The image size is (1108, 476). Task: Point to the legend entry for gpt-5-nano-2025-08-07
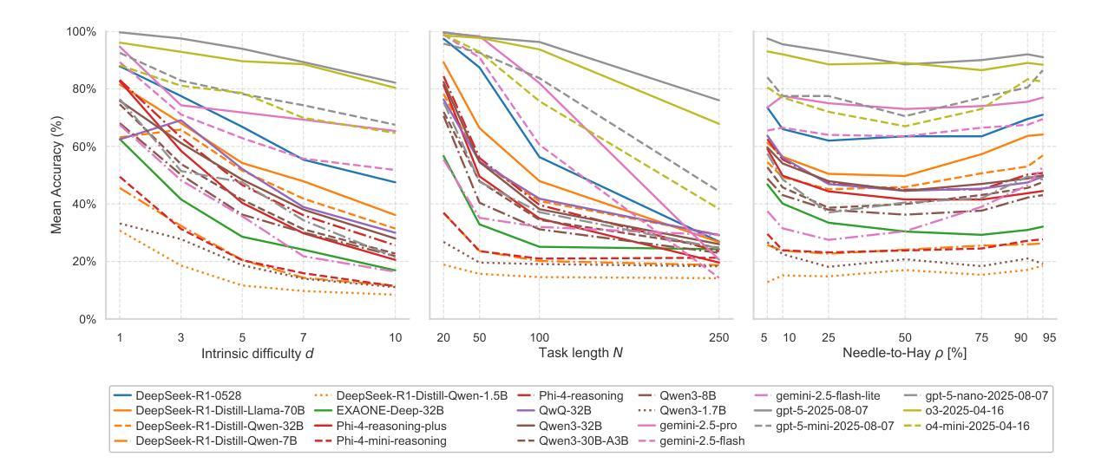[x=995, y=395]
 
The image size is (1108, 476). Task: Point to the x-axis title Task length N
[x=581, y=354]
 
